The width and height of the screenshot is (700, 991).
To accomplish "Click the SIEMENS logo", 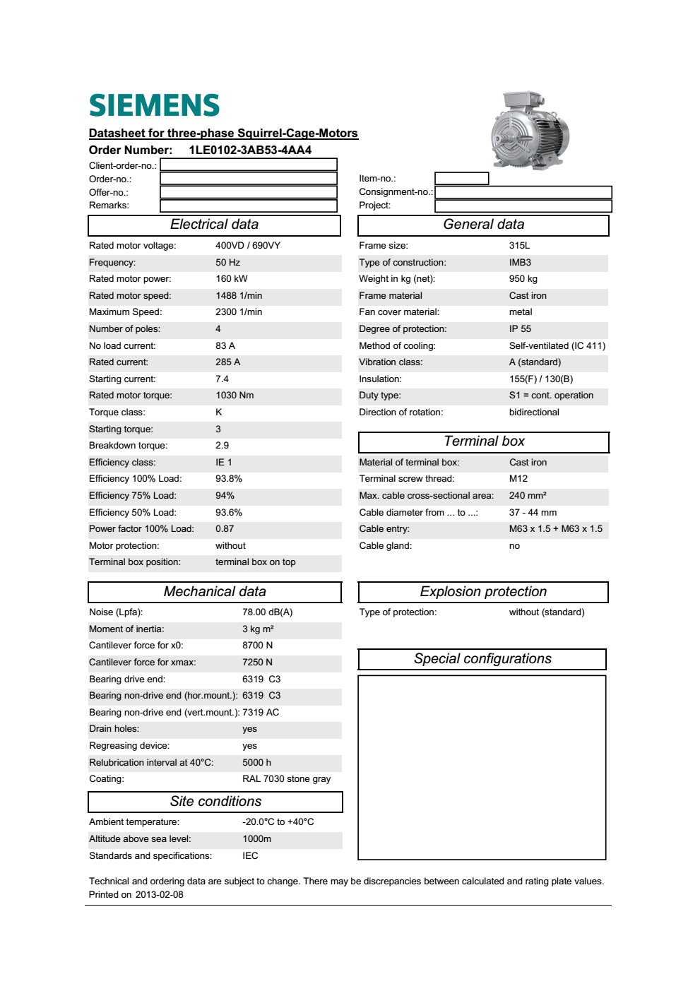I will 154,105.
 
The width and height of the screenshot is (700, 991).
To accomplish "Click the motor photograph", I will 530,130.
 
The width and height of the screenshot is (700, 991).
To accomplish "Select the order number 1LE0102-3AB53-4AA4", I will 250,150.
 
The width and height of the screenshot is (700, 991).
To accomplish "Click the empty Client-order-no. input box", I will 249,165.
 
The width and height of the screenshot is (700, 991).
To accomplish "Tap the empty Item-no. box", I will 461,179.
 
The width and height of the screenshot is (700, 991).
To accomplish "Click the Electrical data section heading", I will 214,225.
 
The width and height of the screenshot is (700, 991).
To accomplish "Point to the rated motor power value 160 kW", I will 232,279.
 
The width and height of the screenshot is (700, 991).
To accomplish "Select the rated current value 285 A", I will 227,362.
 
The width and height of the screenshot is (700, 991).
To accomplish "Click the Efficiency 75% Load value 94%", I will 225,496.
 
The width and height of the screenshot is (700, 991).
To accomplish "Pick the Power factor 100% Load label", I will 141,529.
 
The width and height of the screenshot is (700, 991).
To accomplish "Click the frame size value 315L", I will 519,246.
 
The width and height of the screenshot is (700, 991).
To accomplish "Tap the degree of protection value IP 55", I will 520,329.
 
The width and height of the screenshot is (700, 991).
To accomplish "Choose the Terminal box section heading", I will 484,441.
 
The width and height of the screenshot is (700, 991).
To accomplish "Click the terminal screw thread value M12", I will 518,479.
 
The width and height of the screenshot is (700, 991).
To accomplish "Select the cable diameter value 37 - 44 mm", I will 533,513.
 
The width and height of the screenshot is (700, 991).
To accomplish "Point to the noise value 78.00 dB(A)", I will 267,612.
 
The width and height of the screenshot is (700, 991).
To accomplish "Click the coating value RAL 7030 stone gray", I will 286,779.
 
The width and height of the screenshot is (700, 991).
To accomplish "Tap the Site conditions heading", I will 215,802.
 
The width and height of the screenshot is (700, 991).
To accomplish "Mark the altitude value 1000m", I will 256,839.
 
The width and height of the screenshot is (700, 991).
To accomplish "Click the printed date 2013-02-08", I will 160,895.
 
